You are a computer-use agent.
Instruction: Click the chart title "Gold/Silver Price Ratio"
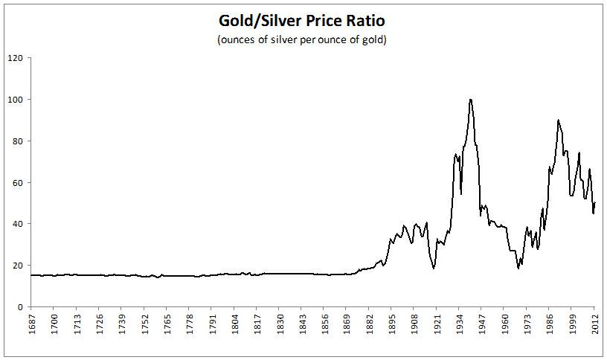tap(301, 19)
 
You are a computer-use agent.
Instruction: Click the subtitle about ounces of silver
tap(301, 39)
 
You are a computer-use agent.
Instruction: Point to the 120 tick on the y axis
tap(16, 58)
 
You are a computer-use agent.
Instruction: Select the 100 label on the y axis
tap(16, 100)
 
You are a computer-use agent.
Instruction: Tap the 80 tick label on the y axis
tap(18, 141)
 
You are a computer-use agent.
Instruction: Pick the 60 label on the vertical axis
tap(18, 182)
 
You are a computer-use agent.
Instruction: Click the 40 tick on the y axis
tap(18, 224)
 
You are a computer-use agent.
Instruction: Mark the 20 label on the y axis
tap(18, 266)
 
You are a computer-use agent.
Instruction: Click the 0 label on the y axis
tap(21, 307)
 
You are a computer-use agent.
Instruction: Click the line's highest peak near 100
tap(470, 100)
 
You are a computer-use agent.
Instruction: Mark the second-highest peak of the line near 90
tap(558, 120)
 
